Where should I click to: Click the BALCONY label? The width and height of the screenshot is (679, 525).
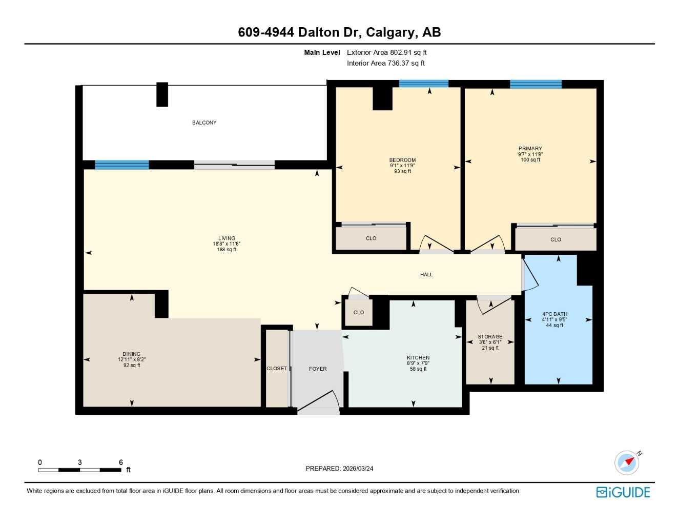(204, 123)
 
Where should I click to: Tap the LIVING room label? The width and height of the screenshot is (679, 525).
(227, 238)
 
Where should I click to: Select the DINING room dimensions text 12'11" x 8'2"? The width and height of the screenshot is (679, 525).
(132, 360)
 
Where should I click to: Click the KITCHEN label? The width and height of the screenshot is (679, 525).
(418, 357)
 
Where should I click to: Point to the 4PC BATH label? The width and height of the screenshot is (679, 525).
(554, 314)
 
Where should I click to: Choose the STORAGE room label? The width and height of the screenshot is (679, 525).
(490, 337)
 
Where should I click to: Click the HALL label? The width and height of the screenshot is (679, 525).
(426, 275)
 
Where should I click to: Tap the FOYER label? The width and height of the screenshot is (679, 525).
(318, 369)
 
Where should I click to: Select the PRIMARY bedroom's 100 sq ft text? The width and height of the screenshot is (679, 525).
(530, 160)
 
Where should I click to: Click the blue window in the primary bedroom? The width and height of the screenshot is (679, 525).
(536, 85)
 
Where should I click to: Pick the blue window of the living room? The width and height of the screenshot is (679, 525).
(121, 165)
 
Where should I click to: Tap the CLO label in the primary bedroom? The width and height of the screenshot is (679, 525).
(555, 239)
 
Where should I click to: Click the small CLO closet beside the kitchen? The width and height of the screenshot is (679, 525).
(358, 312)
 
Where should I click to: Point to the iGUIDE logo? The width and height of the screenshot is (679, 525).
(623, 492)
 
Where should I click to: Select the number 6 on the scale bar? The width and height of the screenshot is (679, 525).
(121, 462)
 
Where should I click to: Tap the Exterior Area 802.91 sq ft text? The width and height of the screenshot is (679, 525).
(386, 52)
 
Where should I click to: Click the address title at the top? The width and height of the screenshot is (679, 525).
(339, 32)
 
